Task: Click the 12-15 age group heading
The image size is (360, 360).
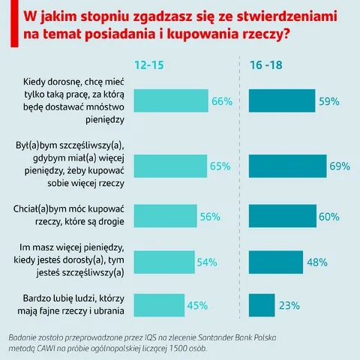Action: pos(149,65)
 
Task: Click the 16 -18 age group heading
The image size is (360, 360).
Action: pos(266,65)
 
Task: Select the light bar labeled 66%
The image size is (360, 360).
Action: pos(171,100)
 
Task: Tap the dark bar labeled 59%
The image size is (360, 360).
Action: pos(282,100)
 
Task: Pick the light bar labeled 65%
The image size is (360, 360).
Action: pos(170,166)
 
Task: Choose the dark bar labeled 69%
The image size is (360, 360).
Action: pos(288,166)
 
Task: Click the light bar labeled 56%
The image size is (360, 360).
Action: pos(166,216)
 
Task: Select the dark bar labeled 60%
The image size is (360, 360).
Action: pos(283,216)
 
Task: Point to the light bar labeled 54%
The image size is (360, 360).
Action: pos(164,262)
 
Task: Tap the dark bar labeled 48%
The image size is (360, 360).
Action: pos(276,262)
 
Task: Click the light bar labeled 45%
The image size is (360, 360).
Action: pos(159,305)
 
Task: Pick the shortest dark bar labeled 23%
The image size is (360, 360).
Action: pos(262,305)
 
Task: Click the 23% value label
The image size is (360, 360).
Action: pos(289,305)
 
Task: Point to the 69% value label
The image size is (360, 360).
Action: pos(340,166)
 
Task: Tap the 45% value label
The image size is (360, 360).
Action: pos(197,305)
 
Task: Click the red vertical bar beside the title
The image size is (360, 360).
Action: pos(14,23)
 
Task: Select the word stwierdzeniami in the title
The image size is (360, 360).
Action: pos(286,16)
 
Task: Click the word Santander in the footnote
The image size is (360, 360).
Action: pos(215,337)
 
